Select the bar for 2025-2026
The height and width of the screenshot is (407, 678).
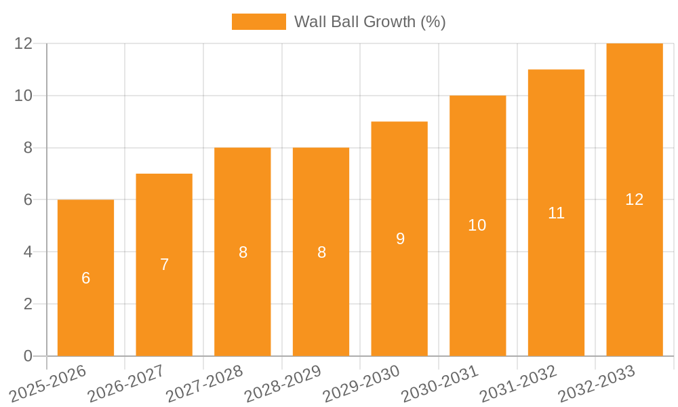click(85, 305)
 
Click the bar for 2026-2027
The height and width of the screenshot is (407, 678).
click(164, 305)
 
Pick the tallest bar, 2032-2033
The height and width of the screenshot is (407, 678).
click(635, 271)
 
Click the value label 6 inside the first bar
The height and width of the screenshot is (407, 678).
click(85, 278)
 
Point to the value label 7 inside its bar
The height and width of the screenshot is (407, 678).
click(164, 265)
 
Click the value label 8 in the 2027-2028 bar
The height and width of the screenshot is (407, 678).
click(243, 252)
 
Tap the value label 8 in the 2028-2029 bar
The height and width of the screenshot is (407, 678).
click(321, 252)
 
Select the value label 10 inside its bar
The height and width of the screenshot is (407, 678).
click(477, 225)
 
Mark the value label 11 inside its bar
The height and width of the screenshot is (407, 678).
click(556, 213)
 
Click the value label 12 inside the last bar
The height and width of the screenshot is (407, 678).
click(635, 199)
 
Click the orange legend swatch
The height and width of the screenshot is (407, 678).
click(258, 22)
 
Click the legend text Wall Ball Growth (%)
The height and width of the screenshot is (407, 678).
click(370, 22)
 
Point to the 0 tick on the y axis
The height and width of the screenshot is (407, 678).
click(28, 356)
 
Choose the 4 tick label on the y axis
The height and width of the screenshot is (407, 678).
click(28, 252)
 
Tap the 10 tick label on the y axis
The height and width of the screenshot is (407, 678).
click(24, 96)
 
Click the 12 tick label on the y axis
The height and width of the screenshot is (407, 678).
click(24, 43)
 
